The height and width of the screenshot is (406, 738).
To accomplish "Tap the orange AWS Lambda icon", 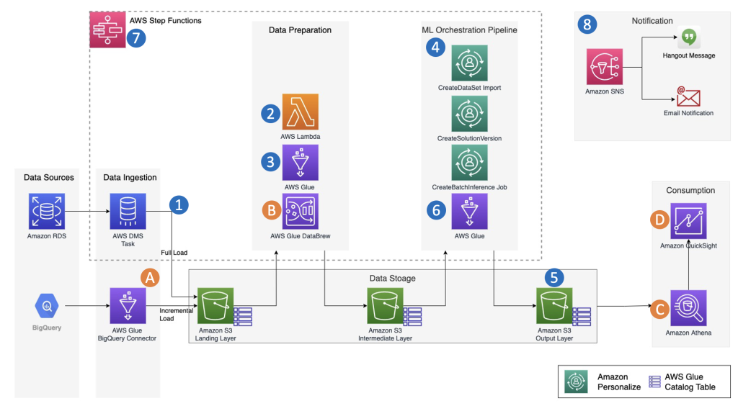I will [301, 112].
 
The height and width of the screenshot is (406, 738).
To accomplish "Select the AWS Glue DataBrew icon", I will [301, 211].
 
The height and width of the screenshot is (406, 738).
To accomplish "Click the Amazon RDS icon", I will [46, 211].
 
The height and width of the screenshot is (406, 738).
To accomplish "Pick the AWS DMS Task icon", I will [128, 211].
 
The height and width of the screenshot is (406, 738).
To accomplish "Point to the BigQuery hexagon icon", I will [46, 307].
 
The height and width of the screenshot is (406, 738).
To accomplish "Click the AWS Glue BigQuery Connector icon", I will [128, 307].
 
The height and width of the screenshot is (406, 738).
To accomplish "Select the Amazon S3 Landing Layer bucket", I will [215, 307].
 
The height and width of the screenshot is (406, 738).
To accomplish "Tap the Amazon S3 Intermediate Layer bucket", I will [385, 307].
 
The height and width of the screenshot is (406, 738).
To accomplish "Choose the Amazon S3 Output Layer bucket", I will [554, 307].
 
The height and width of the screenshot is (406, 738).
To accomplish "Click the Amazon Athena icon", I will [688, 308].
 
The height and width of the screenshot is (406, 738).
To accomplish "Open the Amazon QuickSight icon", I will [688, 221].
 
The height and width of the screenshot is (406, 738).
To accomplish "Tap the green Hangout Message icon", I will [689, 37].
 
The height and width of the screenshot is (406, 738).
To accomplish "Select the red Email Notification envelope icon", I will [688, 96].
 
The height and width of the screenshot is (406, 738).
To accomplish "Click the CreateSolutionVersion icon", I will [469, 115].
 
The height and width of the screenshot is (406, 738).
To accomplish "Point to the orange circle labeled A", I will [151, 278].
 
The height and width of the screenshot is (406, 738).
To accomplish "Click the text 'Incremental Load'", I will [176, 314].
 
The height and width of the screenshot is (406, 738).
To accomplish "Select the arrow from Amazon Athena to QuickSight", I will [688, 269].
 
